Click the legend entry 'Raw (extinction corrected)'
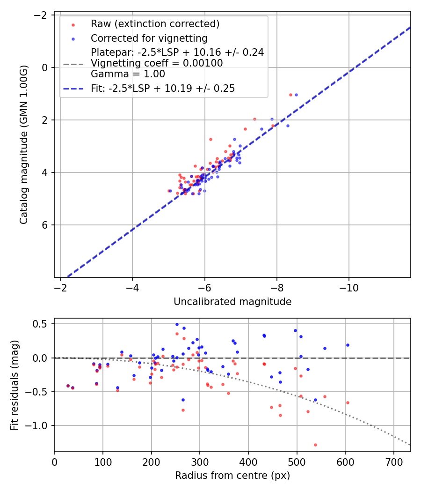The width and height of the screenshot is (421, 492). (155, 24)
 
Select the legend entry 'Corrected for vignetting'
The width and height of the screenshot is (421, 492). (149, 38)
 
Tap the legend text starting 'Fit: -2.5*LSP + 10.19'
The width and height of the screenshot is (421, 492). (162, 88)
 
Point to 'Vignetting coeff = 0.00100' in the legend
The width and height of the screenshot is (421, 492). (157, 63)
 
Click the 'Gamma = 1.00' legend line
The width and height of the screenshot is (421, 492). (128, 74)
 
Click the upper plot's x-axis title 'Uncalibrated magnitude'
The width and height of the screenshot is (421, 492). (232, 302)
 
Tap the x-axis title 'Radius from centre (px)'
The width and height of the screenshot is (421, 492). (232, 476)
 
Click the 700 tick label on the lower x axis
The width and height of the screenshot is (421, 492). (393, 462)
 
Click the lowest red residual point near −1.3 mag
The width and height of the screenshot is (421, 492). (315, 445)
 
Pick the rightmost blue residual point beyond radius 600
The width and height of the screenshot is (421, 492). (348, 345)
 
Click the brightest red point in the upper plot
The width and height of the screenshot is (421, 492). (290, 95)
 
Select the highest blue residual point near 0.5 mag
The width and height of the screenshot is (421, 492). (177, 324)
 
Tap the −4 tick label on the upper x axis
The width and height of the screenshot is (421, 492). (132, 287)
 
